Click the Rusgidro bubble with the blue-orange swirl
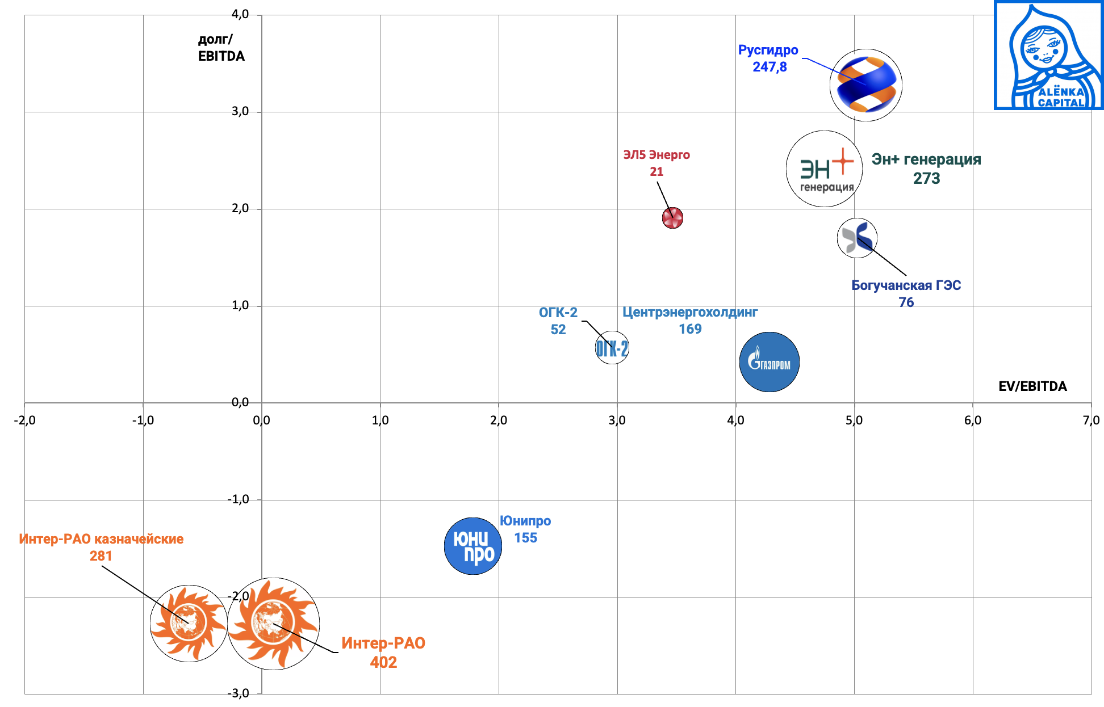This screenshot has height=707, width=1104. (x=865, y=85)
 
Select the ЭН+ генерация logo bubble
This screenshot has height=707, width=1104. (x=824, y=169)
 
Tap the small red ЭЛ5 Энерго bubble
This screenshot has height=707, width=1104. (x=672, y=218)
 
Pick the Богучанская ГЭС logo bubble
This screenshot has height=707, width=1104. (x=857, y=238)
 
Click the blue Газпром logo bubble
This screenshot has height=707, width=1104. (x=769, y=362)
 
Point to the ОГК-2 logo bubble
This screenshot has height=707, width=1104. (x=612, y=348)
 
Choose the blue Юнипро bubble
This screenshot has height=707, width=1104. (x=472, y=546)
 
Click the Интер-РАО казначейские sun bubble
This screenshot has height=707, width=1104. (x=189, y=623)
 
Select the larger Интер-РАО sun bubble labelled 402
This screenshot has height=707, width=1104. (x=273, y=624)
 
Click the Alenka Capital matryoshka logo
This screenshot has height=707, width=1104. (x=1048, y=56)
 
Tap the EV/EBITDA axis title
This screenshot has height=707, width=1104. (x=1032, y=386)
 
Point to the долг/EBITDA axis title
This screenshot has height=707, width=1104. (x=221, y=48)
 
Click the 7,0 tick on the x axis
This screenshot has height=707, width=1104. (x=1090, y=420)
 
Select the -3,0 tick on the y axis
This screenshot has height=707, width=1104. (x=239, y=693)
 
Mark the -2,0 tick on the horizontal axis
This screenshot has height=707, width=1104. (x=24, y=420)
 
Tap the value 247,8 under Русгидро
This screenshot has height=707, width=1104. (x=770, y=67)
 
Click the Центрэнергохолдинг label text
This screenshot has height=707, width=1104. (x=690, y=312)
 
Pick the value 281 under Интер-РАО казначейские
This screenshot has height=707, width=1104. (x=101, y=556)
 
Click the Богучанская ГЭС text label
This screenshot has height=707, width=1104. (x=906, y=285)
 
